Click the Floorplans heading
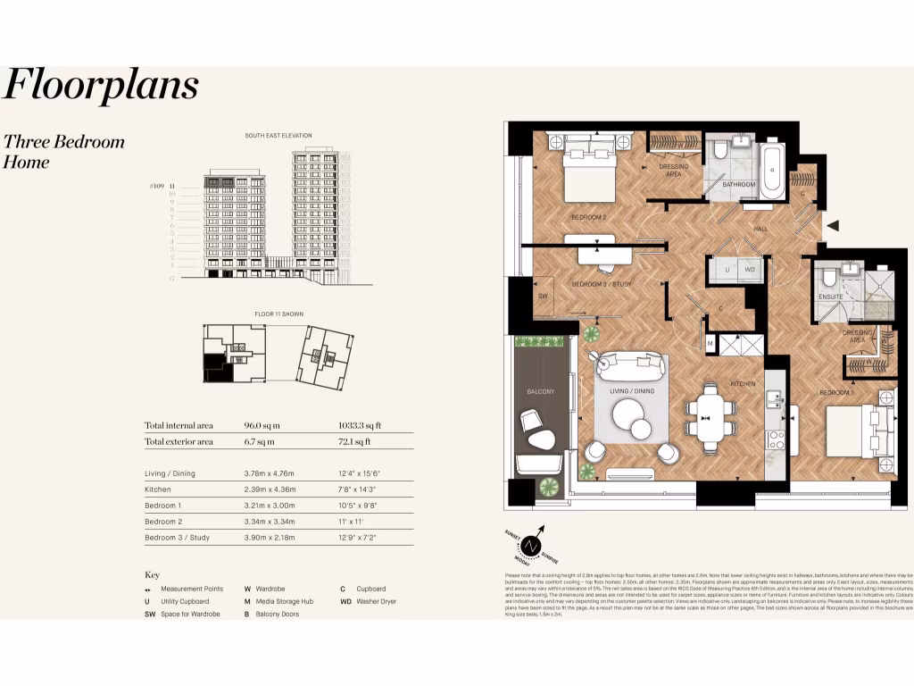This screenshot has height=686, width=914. coord(101,86)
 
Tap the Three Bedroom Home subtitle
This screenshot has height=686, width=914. coord(64,152)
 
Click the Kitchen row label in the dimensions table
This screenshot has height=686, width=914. coord(158,489)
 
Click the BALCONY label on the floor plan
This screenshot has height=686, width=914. coord(540,391)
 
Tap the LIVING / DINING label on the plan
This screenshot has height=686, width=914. coord(631,390)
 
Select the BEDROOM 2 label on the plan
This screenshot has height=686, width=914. coord(588,217)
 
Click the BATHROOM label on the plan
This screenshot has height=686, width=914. coord(739,185)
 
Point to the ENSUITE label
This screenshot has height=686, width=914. coord(831,296)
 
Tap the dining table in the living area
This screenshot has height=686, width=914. coord(710,415)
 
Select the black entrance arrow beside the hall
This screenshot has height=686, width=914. coord(832,227)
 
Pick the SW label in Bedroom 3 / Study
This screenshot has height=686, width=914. coord(542,296)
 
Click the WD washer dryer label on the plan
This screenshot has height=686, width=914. coord(750,268)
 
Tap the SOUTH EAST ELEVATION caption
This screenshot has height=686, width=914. coord(278,136)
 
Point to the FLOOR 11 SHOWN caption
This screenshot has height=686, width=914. coord(278,315)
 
